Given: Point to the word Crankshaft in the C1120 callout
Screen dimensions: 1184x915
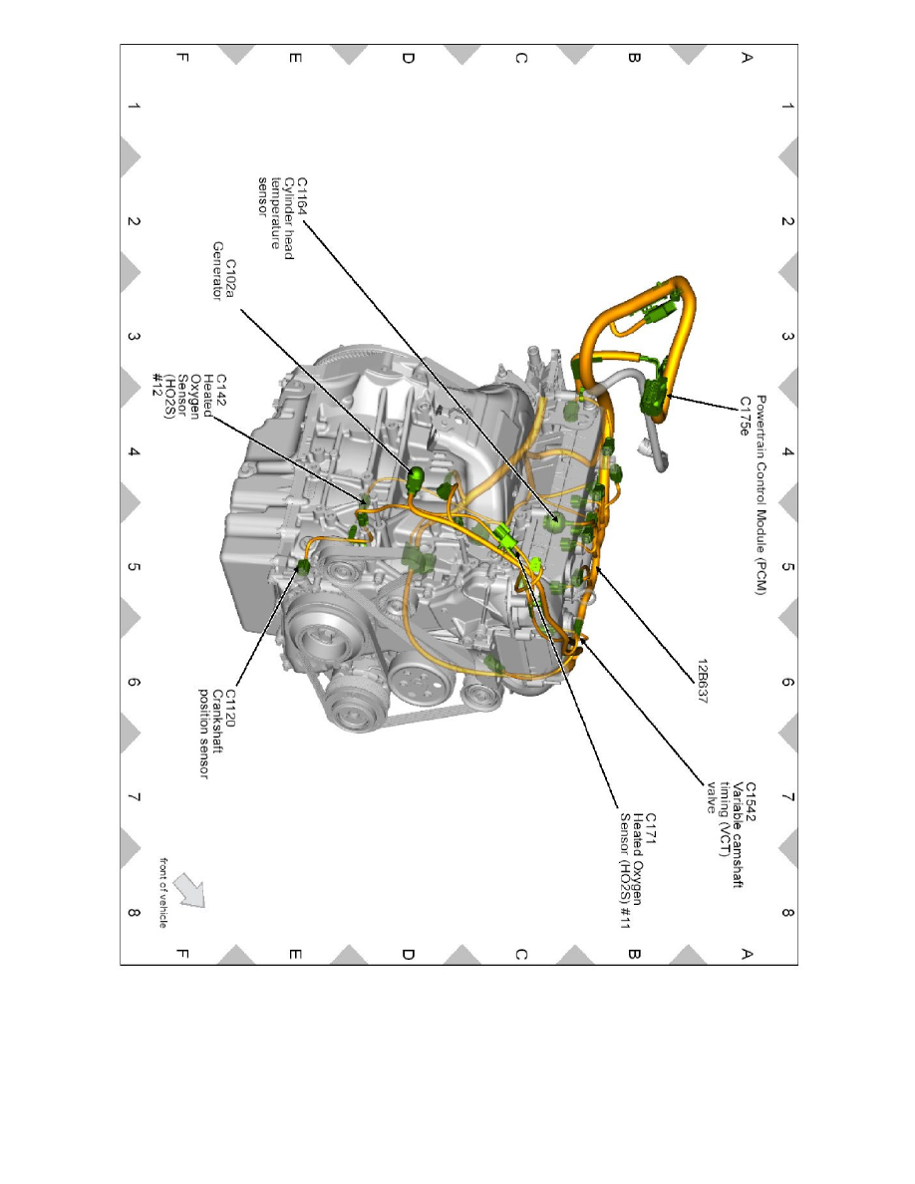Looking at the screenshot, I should pos(216,726).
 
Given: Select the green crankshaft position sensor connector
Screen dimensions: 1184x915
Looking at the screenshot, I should pos(302,567).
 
